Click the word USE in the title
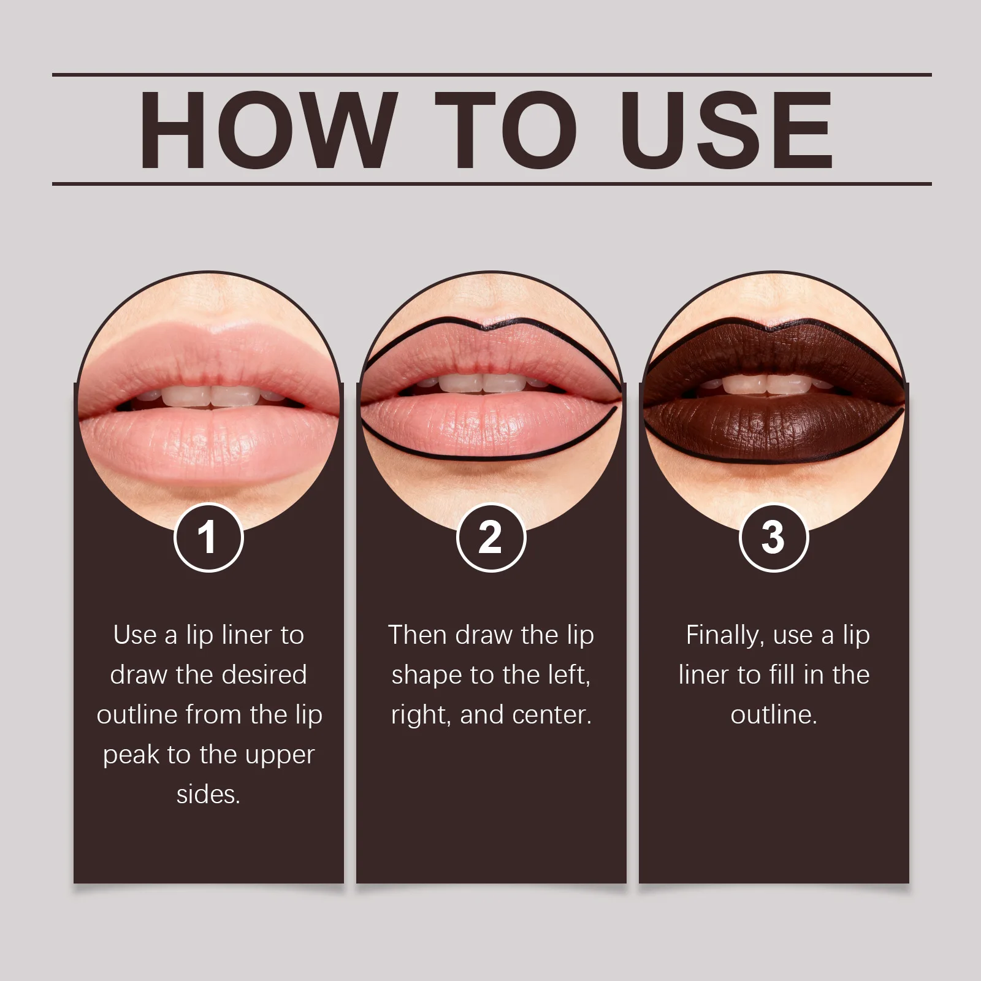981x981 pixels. pos(727,130)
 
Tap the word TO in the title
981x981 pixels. pos(506,130)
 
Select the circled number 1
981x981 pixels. pos(208,538)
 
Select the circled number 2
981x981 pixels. pos(491,538)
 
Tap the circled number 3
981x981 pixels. pos(774,538)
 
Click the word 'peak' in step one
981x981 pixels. pos(131,755)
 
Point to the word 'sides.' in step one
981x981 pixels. pos(208,795)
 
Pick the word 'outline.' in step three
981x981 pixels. pos(774,715)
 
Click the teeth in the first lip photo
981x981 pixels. pos(210,395)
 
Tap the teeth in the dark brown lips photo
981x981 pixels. pos(766,384)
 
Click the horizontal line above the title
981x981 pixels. pos(490,75)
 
